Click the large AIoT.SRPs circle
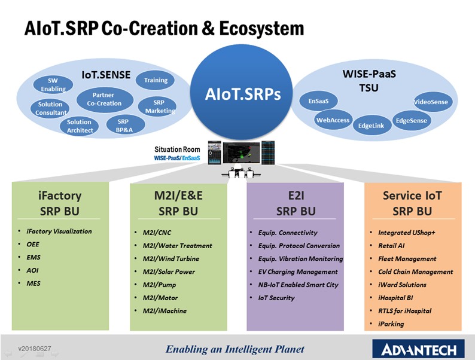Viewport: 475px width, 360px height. (241, 93)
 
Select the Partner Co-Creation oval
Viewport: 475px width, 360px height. (105, 100)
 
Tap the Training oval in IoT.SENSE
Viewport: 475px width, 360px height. (156, 80)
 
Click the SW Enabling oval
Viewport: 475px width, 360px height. (53, 84)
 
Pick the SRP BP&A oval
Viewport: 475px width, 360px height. (126, 126)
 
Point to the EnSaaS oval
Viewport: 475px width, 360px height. (318, 101)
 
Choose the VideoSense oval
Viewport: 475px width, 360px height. (433, 102)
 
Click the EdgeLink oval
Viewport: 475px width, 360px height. (372, 126)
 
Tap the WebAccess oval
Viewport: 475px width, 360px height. (333, 120)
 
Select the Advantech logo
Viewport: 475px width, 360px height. (418, 349)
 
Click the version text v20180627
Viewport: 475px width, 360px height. (35, 349)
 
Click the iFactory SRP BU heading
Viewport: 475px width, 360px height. (60, 203)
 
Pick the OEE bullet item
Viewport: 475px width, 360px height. (33, 245)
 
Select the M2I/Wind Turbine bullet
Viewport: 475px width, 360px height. (171, 258)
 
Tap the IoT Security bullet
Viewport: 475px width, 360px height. (276, 298)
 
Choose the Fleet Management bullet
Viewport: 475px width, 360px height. (407, 258)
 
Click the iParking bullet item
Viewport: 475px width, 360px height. (391, 324)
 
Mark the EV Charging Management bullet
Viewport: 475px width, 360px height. (298, 272)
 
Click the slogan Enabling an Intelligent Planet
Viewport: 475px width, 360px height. (235, 349)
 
